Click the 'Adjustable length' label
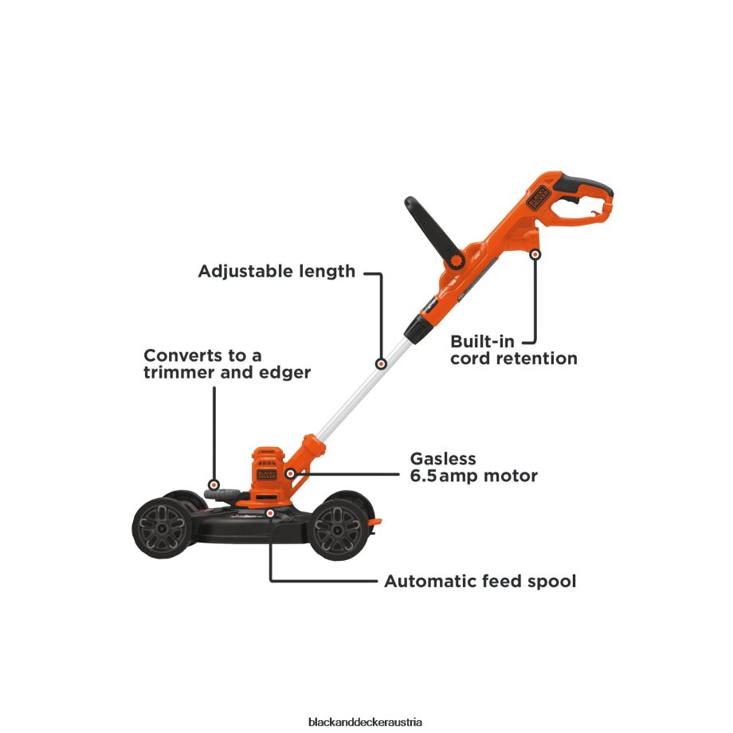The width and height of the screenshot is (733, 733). (x=276, y=271)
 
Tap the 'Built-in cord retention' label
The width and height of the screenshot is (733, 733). (x=513, y=350)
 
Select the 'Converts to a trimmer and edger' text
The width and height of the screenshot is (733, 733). (x=226, y=363)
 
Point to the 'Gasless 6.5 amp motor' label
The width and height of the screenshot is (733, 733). (x=473, y=468)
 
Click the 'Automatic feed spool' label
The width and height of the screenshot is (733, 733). (x=480, y=582)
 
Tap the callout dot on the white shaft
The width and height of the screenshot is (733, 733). (x=382, y=364)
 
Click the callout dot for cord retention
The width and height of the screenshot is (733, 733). (x=535, y=255)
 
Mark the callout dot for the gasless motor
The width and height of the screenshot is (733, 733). (x=291, y=474)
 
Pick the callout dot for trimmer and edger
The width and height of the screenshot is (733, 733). (x=214, y=484)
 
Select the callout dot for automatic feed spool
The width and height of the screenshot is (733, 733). (x=271, y=514)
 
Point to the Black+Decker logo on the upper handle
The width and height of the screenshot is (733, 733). (x=535, y=192)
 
